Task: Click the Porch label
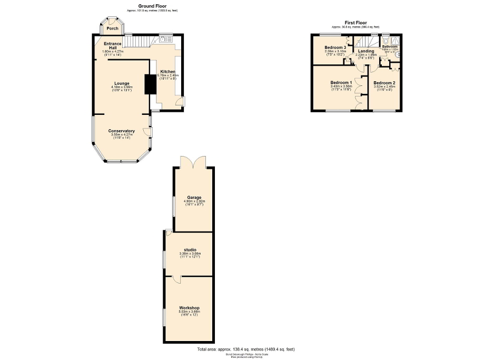click(x=112, y=28)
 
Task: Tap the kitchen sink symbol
click(x=166, y=38)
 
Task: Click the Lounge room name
click(x=122, y=83)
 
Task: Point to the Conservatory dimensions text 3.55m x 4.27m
click(x=122, y=135)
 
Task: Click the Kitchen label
click(x=168, y=72)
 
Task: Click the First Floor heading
click(x=355, y=23)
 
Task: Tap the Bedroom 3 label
click(x=335, y=47)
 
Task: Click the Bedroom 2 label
click(x=384, y=83)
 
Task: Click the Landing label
click(x=366, y=51)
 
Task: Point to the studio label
click(x=190, y=249)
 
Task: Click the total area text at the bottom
click(x=246, y=349)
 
